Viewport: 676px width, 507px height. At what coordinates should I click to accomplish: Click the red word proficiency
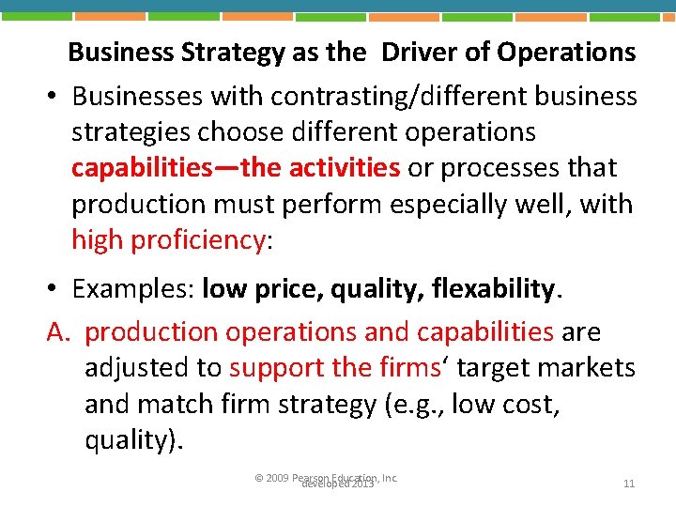point(199,239)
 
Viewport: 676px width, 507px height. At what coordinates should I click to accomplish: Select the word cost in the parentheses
point(536,404)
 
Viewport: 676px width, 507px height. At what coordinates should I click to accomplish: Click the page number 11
point(629,484)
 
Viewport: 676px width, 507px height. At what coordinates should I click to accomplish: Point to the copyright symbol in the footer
point(259,479)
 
